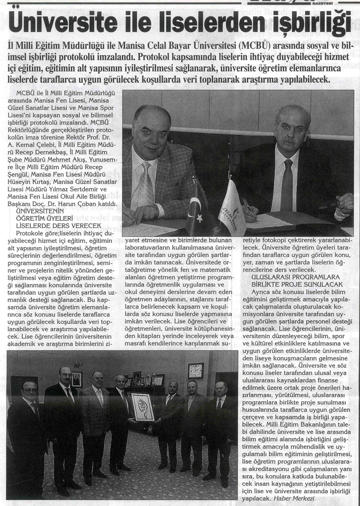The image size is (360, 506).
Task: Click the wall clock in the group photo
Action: [195, 370]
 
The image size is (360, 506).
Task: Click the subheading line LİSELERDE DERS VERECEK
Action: [59, 225]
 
